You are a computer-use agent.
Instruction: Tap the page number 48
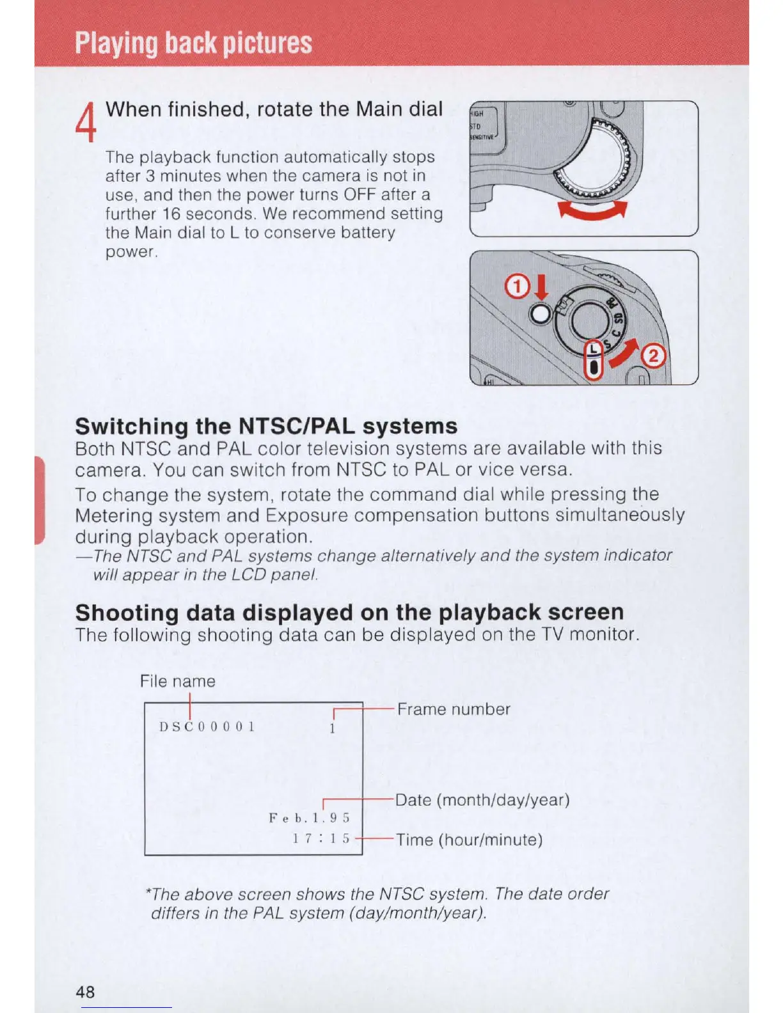85,991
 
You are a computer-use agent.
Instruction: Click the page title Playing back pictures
193,43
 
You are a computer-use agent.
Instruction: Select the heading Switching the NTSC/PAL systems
266,426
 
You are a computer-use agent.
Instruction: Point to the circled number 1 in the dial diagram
516,288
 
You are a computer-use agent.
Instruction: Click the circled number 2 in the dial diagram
654,356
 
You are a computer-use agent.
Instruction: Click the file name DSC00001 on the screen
207,726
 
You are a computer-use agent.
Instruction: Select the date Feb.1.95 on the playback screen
310,818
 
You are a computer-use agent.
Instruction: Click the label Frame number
454,709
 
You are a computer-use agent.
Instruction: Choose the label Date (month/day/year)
482,800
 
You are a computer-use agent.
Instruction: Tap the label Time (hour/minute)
469,840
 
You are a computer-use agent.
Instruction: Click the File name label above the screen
178,681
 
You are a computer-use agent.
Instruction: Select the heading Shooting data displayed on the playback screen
349,612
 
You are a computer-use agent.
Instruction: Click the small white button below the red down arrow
541,313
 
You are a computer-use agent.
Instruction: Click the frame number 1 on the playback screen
333,728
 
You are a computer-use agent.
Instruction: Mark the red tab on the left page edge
40,500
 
